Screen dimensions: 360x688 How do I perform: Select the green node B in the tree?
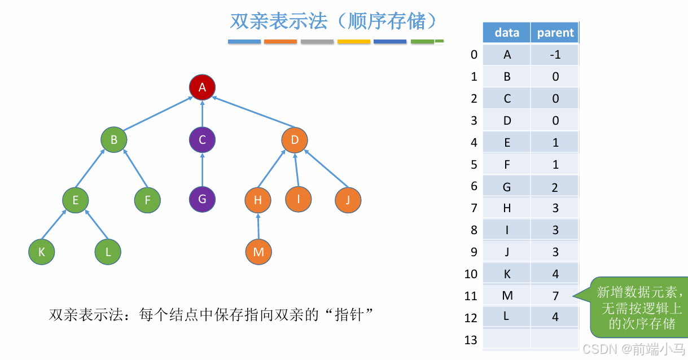114,139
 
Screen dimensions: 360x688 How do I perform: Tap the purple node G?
202,199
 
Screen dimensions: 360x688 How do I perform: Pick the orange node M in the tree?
258,252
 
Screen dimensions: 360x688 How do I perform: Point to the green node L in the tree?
108,252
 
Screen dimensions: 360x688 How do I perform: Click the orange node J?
348,200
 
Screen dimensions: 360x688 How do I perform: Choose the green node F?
147,200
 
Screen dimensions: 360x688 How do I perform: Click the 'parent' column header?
555,33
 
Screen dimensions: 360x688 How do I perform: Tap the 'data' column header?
506,33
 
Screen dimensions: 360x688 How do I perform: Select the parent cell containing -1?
555,55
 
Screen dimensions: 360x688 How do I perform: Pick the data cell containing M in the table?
506,295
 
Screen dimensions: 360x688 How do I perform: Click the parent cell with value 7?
555,295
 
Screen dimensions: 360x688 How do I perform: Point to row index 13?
470,340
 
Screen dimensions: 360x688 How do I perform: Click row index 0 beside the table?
474,55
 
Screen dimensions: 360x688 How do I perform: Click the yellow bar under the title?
354,42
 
